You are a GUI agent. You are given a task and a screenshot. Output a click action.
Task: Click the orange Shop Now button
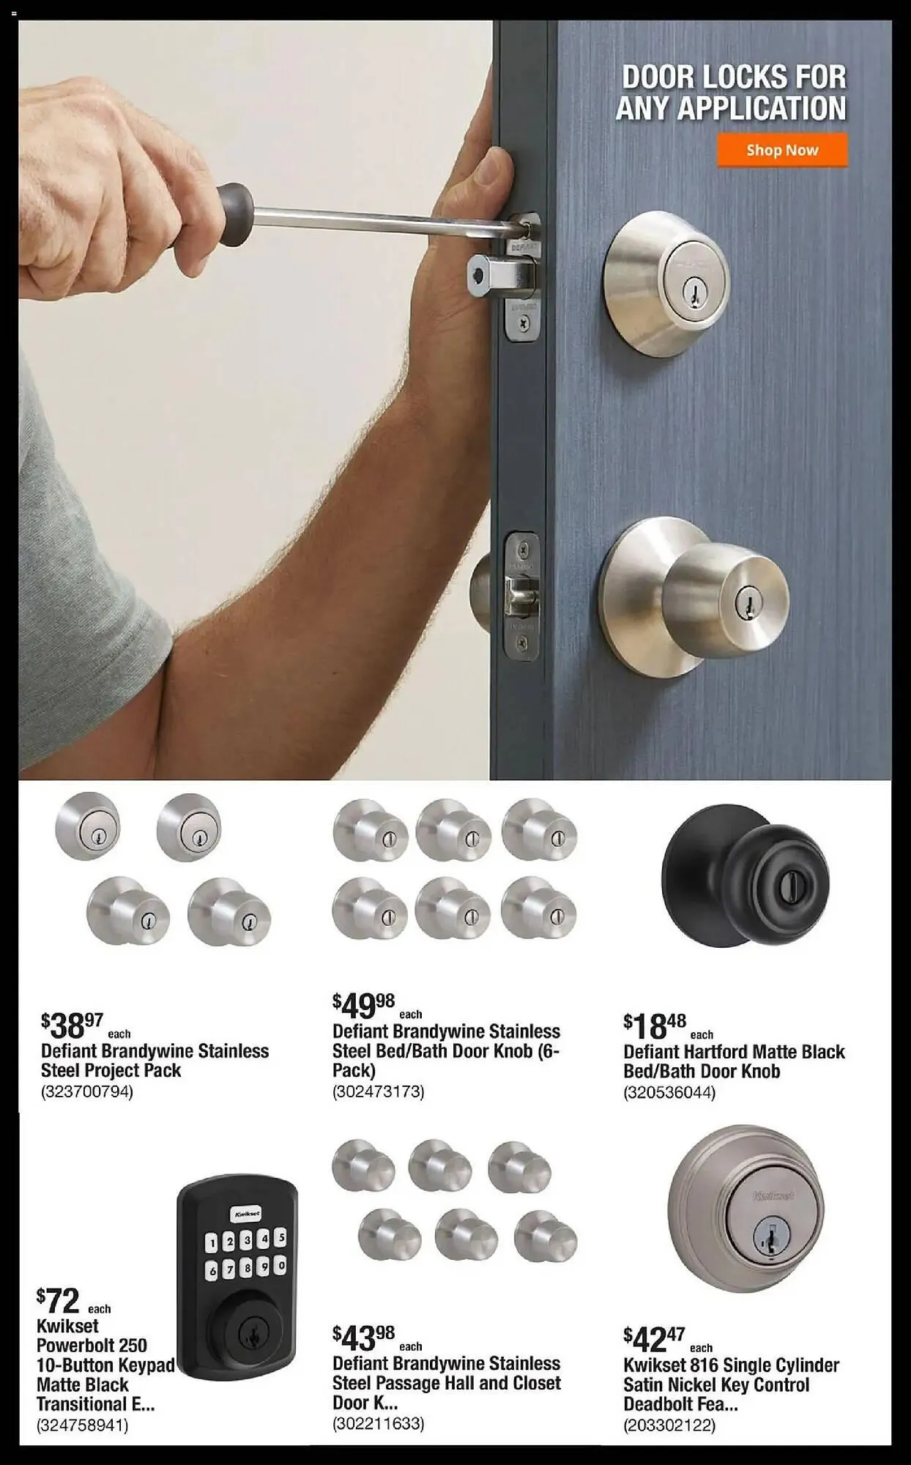click(x=782, y=150)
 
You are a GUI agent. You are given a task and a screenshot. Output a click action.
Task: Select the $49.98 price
click(x=363, y=1006)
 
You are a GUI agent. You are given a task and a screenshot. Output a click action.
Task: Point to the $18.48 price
click(x=655, y=1025)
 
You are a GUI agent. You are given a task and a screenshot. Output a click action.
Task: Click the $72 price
click(x=58, y=1301)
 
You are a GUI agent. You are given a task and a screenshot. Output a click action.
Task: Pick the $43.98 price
click(x=363, y=1338)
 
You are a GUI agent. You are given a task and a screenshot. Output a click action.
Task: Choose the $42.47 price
click(x=654, y=1339)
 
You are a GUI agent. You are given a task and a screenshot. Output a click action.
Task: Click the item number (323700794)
click(x=87, y=1091)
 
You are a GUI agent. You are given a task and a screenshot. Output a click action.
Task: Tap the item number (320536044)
click(x=669, y=1092)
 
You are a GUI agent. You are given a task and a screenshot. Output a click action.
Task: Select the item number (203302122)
click(x=669, y=1425)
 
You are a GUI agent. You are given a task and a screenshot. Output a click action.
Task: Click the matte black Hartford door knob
click(x=745, y=876)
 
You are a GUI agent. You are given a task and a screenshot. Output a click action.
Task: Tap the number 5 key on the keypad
click(x=281, y=1238)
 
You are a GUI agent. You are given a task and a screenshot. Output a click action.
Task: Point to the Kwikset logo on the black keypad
click(x=246, y=1213)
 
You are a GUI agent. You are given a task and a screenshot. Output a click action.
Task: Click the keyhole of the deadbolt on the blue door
click(x=689, y=293)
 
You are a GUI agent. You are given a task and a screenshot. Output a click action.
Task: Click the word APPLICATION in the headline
click(x=731, y=108)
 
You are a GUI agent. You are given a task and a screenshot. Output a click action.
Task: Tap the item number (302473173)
click(x=379, y=1091)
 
